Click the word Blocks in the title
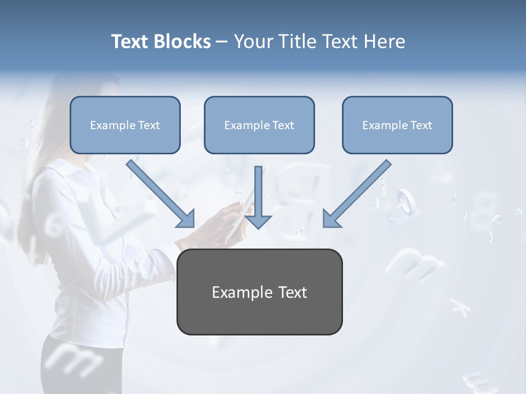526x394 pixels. pos(182,42)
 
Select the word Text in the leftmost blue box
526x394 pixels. pos(149,125)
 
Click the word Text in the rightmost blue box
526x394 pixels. pos(421,125)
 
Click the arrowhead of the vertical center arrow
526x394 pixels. pos(258,221)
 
